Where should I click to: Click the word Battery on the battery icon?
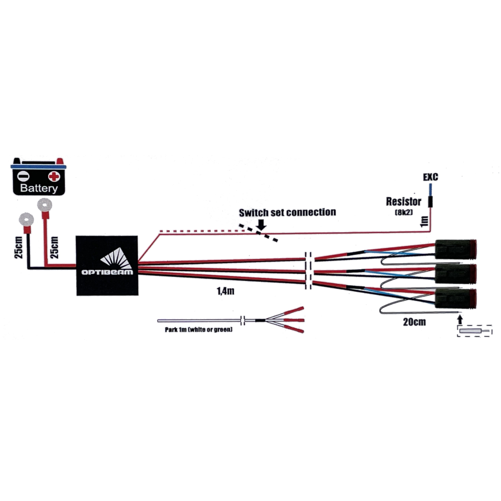pos(39,188)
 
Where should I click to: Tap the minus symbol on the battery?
pos(23,176)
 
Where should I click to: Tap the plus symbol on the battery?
pos(54,176)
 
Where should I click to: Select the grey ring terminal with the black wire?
pos(25,219)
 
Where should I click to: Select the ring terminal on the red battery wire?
pos(46,204)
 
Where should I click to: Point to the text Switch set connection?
pos(287,212)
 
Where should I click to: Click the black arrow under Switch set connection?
pos(261,227)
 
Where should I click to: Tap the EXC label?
pos(430,177)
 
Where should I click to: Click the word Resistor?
pos(403,202)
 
